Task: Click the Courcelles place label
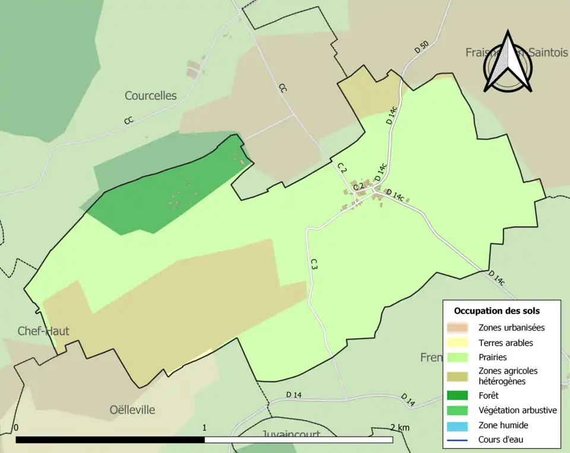pyautogui.click(x=151, y=96)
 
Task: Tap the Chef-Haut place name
pyautogui.click(x=43, y=331)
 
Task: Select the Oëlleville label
pyautogui.click(x=132, y=410)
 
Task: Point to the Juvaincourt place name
pyautogui.click(x=291, y=435)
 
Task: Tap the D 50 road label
pyautogui.click(x=421, y=47)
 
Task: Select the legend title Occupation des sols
pyautogui.click(x=496, y=311)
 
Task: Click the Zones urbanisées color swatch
pyautogui.click(x=458, y=327)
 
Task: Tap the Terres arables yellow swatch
pyautogui.click(x=458, y=343)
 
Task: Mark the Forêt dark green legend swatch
pyautogui.click(x=458, y=395)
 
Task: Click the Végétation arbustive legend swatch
pyautogui.click(x=458, y=410)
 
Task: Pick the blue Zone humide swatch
pyautogui.click(x=458, y=425)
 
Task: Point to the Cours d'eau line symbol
pyautogui.click(x=458, y=440)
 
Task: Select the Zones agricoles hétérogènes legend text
pyautogui.click(x=507, y=376)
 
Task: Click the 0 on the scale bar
pyautogui.click(x=16, y=427)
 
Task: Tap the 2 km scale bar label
pyautogui.click(x=400, y=427)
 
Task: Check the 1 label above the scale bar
pyautogui.click(x=205, y=427)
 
